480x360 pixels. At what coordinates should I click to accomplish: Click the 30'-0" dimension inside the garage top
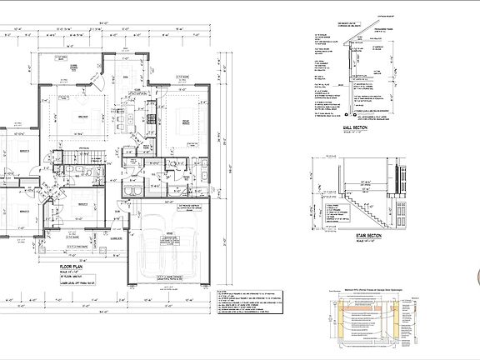click(170, 202)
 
